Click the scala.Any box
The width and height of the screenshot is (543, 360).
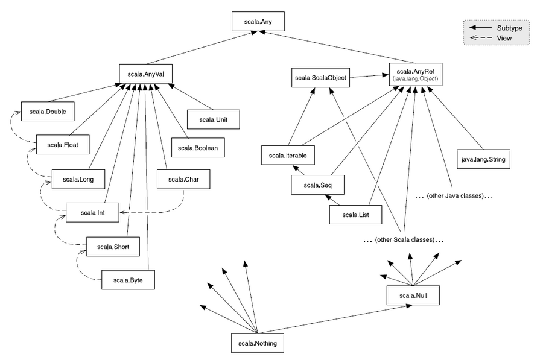click(x=258, y=22)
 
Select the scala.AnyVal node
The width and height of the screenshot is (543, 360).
click(x=145, y=74)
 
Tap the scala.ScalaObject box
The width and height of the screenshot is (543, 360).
click(x=320, y=78)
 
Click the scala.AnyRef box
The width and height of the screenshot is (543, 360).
click(x=416, y=74)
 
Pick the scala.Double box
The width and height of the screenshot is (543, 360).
click(x=48, y=112)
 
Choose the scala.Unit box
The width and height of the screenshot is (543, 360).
click(x=214, y=119)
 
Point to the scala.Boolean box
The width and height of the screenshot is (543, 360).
click(x=198, y=148)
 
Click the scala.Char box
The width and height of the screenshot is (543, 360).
click(x=183, y=179)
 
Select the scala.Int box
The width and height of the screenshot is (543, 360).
click(x=92, y=212)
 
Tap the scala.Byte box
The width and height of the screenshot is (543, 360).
click(x=128, y=280)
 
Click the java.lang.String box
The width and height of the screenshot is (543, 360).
click(x=483, y=159)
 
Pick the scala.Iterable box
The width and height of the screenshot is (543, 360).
click(x=288, y=156)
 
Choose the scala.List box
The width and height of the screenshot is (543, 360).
click(x=355, y=215)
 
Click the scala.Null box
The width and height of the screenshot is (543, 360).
click(x=413, y=295)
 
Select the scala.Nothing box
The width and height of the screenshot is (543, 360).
click(x=258, y=343)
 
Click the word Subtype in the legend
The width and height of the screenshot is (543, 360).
click(x=509, y=28)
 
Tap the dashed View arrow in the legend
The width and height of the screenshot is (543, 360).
click(x=481, y=38)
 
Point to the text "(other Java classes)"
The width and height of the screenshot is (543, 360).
click(x=455, y=195)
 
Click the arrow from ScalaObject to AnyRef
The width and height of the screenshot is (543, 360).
click(x=369, y=75)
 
